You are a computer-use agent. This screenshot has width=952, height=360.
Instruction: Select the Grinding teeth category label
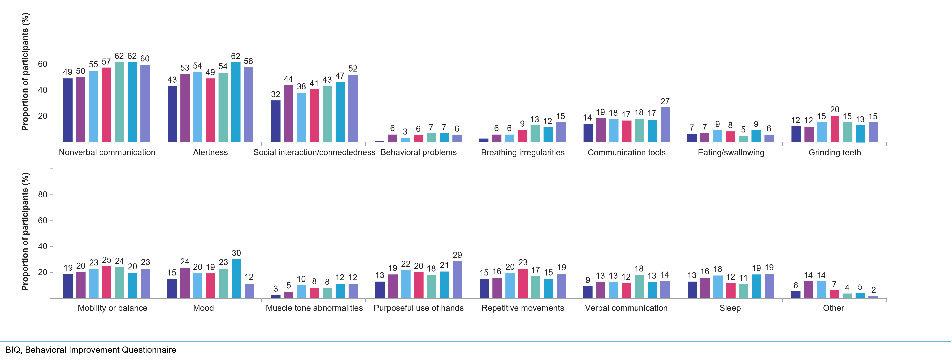click(x=834, y=152)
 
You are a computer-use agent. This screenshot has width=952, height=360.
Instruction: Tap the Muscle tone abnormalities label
click(x=314, y=308)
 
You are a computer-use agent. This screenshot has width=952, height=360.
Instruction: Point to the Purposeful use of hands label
click(x=418, y=308)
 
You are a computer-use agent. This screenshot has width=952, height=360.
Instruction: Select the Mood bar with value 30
click(x=236, y=279)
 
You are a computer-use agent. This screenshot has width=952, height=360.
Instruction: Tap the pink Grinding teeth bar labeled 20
click(x=834, y=129)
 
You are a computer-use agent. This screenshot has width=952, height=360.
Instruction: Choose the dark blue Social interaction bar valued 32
click(x=276, y=121)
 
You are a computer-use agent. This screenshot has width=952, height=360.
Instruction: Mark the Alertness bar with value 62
click(x=236, y=102)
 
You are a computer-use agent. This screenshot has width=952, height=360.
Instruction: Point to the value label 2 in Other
click(x=873, y=290)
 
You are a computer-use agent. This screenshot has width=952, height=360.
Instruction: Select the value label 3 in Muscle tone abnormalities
click(x=276, y=289)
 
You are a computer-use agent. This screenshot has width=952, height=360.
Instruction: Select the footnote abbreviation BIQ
click(x=13, y=350)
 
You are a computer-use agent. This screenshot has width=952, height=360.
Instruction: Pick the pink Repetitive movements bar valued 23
click(x=523, y=283)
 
